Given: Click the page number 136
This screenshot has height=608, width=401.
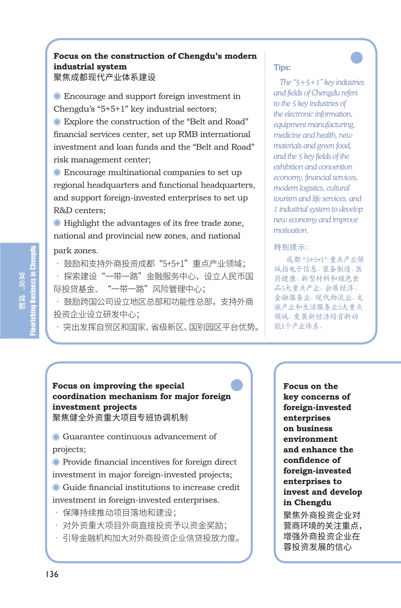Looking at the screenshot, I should pos(52,574).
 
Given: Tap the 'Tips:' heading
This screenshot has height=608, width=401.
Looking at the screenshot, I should pos(282,67).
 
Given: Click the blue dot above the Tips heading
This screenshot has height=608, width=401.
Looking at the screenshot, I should pos(357,58).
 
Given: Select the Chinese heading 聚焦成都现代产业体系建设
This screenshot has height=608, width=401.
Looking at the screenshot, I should pos(105,77).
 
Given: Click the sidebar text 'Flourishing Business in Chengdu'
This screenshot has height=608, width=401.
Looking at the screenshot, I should pos(33,291).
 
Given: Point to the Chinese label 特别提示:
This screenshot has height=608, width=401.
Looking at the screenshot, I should pos(290,247).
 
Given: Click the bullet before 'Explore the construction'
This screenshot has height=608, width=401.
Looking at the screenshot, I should pos(57,122).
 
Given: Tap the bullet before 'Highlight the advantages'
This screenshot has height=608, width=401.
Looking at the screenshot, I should pos(57,223).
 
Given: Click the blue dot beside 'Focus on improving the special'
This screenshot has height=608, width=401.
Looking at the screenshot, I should pos(237,385).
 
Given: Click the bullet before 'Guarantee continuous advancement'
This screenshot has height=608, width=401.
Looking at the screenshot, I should pos(56,437).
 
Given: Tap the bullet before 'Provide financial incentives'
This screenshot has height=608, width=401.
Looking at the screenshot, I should pos(56,462).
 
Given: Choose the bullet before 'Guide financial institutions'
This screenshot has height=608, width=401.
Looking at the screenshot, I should pos(56,488).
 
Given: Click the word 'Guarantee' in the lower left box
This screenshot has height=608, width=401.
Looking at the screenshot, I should pos(83,437).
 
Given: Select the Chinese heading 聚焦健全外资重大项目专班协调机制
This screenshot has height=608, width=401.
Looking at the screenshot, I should pos(120,417).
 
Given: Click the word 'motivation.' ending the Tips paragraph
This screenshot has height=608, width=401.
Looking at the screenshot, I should pos(290,230).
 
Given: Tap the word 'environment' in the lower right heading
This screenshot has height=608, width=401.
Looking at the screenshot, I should pos(310,439).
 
